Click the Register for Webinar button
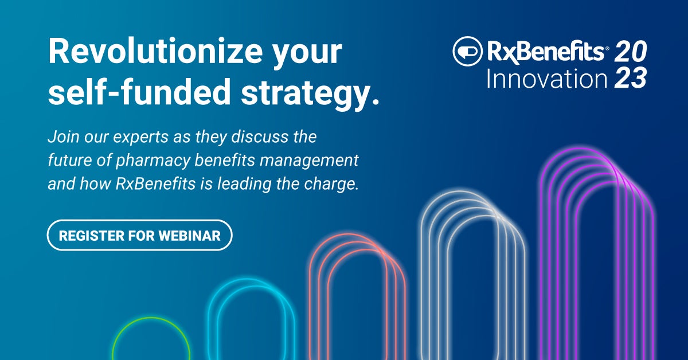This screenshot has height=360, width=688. [x=139, y=236]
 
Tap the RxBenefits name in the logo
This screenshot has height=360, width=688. [x=548, y=52]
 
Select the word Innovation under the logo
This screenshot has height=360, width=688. [x=546, y=77]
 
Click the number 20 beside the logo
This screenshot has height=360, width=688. [x=630, y=53]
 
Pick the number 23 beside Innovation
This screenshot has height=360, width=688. [x=630, y=78]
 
